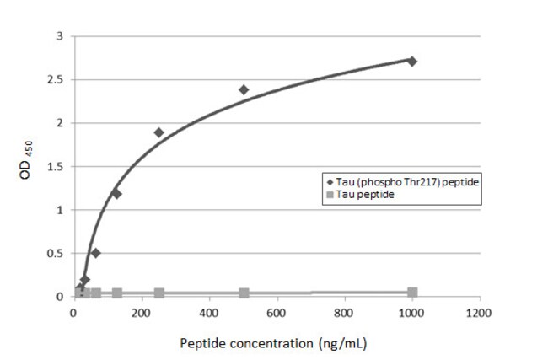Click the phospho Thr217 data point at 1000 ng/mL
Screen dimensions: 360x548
click(411, 61)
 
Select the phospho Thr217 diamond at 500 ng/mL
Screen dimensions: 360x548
click(244, 89)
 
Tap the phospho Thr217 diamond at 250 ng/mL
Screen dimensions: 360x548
click(158, 132)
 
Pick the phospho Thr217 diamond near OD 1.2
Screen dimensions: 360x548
click(116, 193)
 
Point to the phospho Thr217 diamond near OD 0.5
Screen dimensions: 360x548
click(95, 252)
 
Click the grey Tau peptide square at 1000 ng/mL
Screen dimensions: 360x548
click(412, 293)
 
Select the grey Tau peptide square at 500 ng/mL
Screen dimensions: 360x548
click(244, 293)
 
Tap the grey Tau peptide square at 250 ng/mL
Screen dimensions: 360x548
click(158, 293)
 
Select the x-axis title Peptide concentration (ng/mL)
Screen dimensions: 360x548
click(273, 344)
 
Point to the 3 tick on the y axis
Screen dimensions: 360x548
click(59, 36)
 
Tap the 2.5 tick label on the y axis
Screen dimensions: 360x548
click(56, 80)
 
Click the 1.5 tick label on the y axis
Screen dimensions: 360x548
click(56, 167)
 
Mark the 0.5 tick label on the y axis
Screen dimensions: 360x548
click(56, 253)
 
